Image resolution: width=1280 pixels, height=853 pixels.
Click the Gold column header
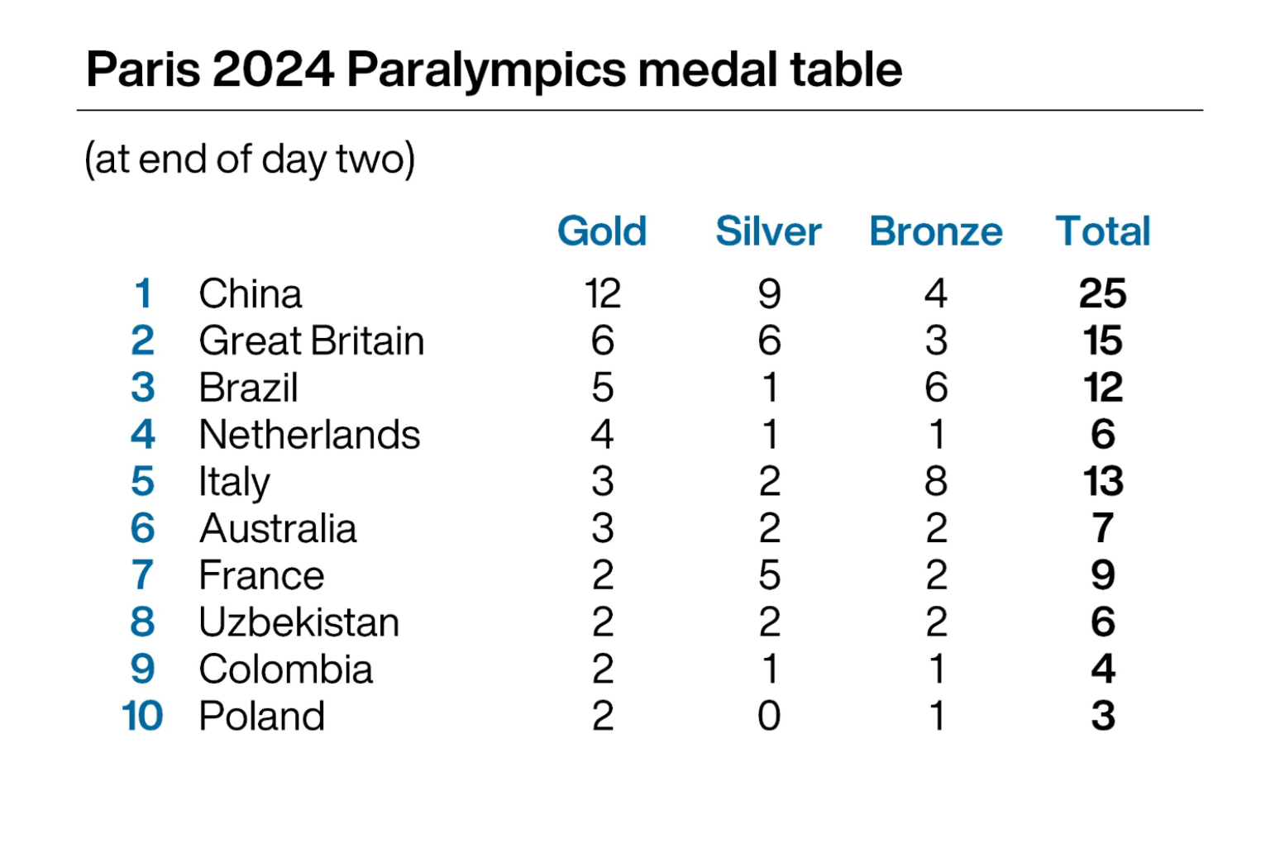(x=602, y=231)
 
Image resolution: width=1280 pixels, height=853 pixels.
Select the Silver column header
(x=768, y=231)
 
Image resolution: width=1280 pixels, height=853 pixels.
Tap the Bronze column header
(x=936, y=231)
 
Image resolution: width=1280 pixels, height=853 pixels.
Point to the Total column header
(x=1103, y=231)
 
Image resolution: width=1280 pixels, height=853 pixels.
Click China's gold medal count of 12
(x=602, y=293)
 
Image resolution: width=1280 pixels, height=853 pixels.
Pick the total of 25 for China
(x=1103, y=293)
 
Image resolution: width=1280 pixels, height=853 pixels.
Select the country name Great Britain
(x=312, y=341)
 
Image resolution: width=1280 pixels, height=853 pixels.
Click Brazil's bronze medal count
(x=936, y=388)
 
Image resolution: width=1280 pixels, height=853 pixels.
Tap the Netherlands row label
(x=309, y=435)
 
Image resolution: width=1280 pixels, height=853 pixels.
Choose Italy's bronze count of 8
(x=936, y=481)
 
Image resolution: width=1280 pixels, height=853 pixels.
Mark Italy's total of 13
(x=1103, y=481)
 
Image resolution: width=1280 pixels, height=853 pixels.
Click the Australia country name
(x=278, y=528)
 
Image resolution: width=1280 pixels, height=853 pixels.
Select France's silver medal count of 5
(x=769, y=575)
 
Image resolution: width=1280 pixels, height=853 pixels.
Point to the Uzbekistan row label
(x=299, y=622)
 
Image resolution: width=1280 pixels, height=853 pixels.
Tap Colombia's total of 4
(x=1103, y=669)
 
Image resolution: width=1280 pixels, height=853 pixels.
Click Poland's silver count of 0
(x=769, y=716)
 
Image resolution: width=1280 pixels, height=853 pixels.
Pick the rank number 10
(x=142, y=716)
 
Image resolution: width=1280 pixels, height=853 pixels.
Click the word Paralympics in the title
(x=485, y=69)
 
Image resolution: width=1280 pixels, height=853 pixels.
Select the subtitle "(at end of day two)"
(x=250, y=159)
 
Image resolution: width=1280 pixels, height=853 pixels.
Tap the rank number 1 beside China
(x=143, y=293)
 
